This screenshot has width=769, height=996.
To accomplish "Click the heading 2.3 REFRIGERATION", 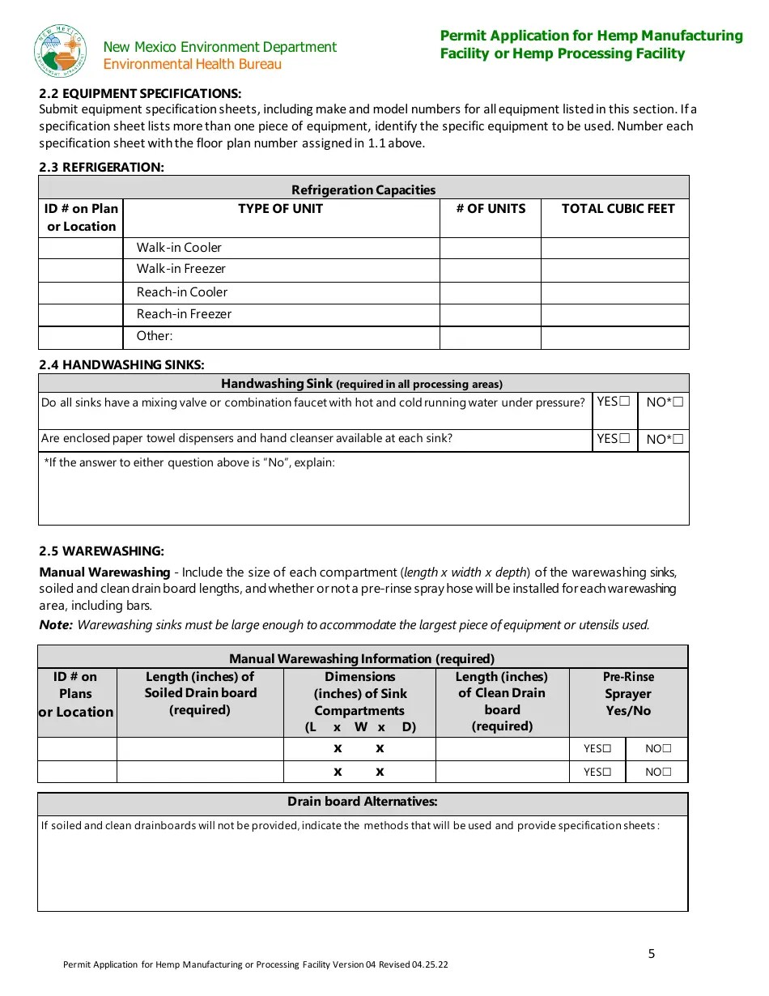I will pyautogui.click(x=101, y=168).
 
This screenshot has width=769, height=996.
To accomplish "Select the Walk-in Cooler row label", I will pyautogui.click(x=178, y=248).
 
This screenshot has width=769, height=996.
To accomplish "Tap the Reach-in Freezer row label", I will pyautogui.click(x=184, y=314).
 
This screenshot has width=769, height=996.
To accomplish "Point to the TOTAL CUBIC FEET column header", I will pyautogui.click(x=617, y=209).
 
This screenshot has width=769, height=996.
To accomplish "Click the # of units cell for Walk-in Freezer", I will pyautogui.click(x=490, y=270).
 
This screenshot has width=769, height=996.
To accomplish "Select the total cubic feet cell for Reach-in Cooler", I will pyautogui.click(x=614, y=292).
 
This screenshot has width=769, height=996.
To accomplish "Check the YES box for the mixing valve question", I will pyautogui.click(x=624, y=402).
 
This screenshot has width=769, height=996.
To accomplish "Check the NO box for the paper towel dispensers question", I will pyautogui.click(x=678, y=440).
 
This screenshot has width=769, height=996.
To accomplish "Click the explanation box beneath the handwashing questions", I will pyautogui.click(x=363, y=494).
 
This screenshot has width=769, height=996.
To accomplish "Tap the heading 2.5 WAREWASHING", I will pyautogui.click(x=101, y=551).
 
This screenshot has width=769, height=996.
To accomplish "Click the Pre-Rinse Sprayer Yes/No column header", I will pyautogui.click(x=628, y=694).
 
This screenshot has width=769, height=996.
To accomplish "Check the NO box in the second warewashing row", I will pyautogui.click(x=666, y=772).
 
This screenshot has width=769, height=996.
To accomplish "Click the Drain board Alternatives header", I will pyautogui.click(x=363, y=802).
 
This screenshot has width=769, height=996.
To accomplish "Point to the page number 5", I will pyautogui.click(x=652, y=954).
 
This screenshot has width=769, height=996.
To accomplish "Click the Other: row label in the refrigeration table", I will pyautogui.click(x=155, y=336).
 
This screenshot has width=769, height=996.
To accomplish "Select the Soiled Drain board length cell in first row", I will pyautogui.click(x=200, y=749).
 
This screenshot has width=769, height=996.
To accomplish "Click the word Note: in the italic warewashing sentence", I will pyautogui.click(x=56, y=625).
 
